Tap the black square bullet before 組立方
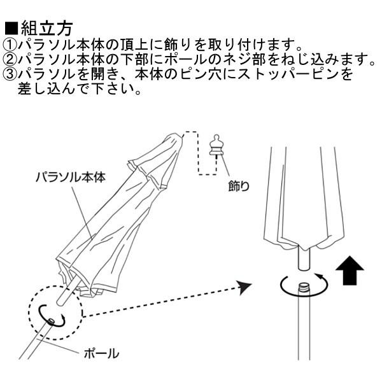click(12, 29)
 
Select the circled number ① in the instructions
click(10, 45)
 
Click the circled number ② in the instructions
click(10, 60)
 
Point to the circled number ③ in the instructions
click(10, 75)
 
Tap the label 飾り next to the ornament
click(239, 187)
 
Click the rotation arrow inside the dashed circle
click(51, 314)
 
